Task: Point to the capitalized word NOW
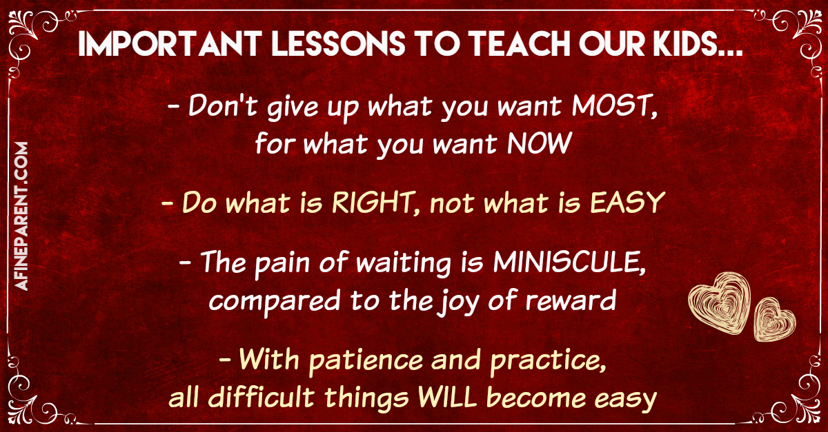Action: (540, 143)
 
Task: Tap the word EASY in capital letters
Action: (628, 203)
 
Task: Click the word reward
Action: (571, 300)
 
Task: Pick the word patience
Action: (366, 360)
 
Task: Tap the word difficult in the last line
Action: (262, 397)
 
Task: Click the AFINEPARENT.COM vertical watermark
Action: (21, 216)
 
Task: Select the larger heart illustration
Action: (719, 303)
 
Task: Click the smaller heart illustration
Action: (774, 320)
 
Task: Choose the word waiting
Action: (403, 264)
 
